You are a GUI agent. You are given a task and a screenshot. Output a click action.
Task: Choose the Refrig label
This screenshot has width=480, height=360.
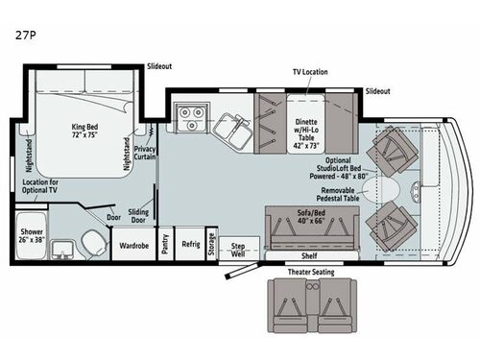[x=192, y=244]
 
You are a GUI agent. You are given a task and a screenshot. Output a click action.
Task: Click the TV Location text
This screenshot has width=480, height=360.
[x=310, y=72]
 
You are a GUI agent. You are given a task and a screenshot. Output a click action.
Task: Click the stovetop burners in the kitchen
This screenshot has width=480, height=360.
[x=193, y=121]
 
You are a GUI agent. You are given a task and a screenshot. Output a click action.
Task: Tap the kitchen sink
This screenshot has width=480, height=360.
[x=229, y=126]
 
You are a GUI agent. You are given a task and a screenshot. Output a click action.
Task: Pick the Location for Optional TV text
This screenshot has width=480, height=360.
[x=40, y=185]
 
